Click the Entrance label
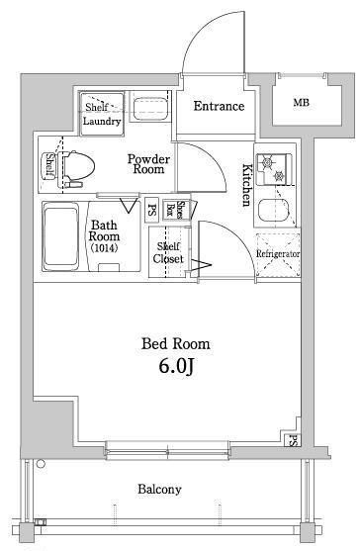click(x=219, y=106)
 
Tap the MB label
click(x=302, y=103)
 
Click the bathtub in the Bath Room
click(x=60, y=236)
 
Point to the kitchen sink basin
click(x=274, y=210)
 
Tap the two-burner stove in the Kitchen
click(x=274, y=169)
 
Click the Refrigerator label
click(x=278, y=253)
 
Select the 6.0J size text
click(x=176, y=367)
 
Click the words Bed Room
click(x=176, y=343)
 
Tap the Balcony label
click(x=159, y=489)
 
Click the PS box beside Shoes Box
click(x=151, y=210)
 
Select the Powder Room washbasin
click(x=149, y=107)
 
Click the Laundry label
click(x=102, y=122)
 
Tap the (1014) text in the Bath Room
click(x=104, y=248)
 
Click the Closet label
click(x=168, y=259)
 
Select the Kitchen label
click(x=247, y=185)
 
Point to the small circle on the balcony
click(x=42, y=464)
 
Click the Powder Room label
click(x=149, y=164)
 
